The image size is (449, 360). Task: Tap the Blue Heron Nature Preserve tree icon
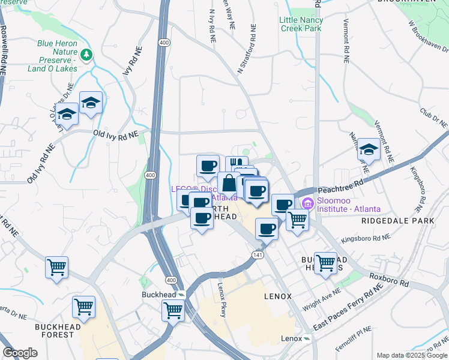pyautogui.click(x=88, y=55)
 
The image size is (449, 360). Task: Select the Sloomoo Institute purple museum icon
pyautogui.click(x=308, y=204)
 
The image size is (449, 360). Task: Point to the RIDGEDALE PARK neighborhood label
pyautogui.click(x=389, y=221)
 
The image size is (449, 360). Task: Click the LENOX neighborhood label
pyautogui.click(x=277, y=296)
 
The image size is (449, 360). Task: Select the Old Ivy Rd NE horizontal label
pyautogui.click(x=115, y=134)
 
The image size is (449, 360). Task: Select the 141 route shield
pyautogui.click(x=256, y=256)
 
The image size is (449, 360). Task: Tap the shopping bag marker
pyautogui.click(x=228, y=182)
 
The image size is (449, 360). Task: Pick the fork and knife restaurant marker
pyautogui.click(x=236, y=164)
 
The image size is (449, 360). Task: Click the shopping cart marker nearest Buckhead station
pyautogui.click(x=173, y=310)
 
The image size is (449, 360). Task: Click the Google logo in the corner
pyautogui.click(x=20, y=353)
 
